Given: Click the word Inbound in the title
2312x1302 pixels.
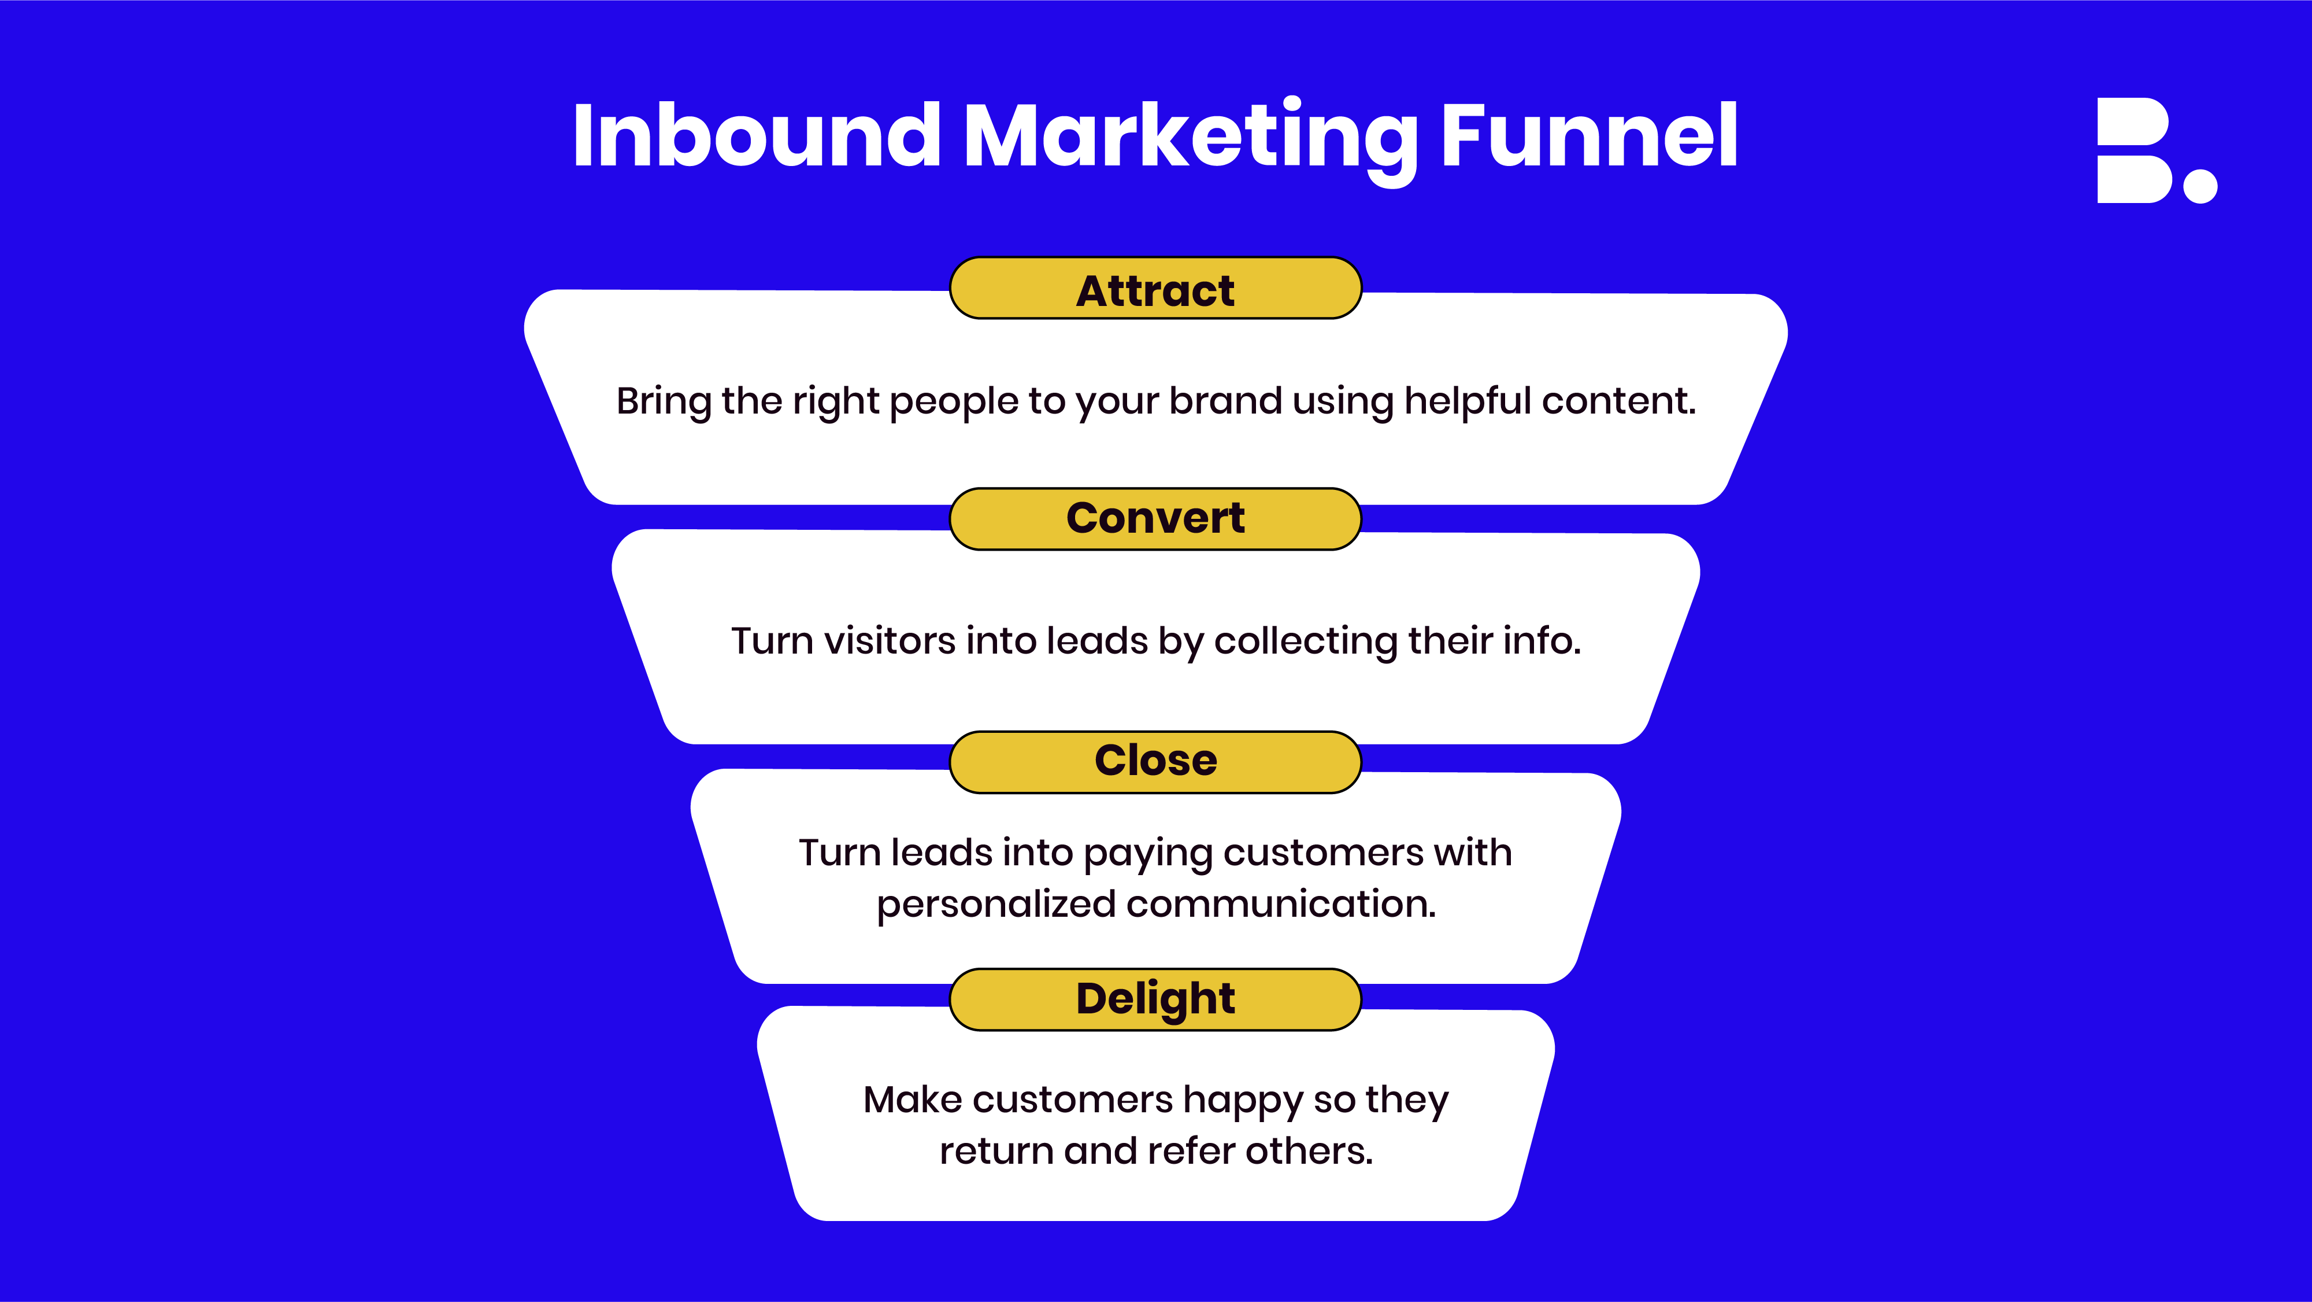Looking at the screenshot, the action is click(757, 135).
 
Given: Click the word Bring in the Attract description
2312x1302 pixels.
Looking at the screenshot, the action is click(664, 402).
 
